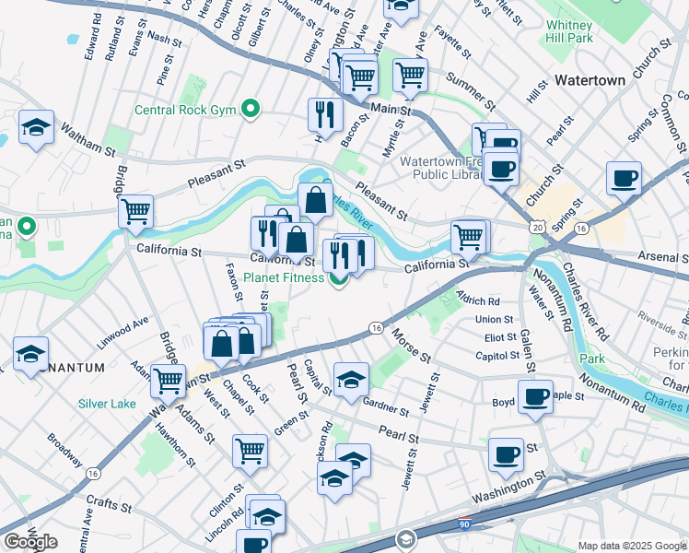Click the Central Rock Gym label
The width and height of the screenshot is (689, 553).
point(187,111)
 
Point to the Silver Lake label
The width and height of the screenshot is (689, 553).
point(107,404)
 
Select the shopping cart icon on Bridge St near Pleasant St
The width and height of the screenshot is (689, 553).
point(136,211)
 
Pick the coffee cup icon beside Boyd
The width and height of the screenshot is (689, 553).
point(535,396)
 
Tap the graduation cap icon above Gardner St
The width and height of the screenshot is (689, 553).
point(351,378)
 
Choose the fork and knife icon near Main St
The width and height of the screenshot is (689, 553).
point(324,113)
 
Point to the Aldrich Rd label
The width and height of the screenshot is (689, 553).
point(477,300)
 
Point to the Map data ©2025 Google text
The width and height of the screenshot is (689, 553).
point(632,546)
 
